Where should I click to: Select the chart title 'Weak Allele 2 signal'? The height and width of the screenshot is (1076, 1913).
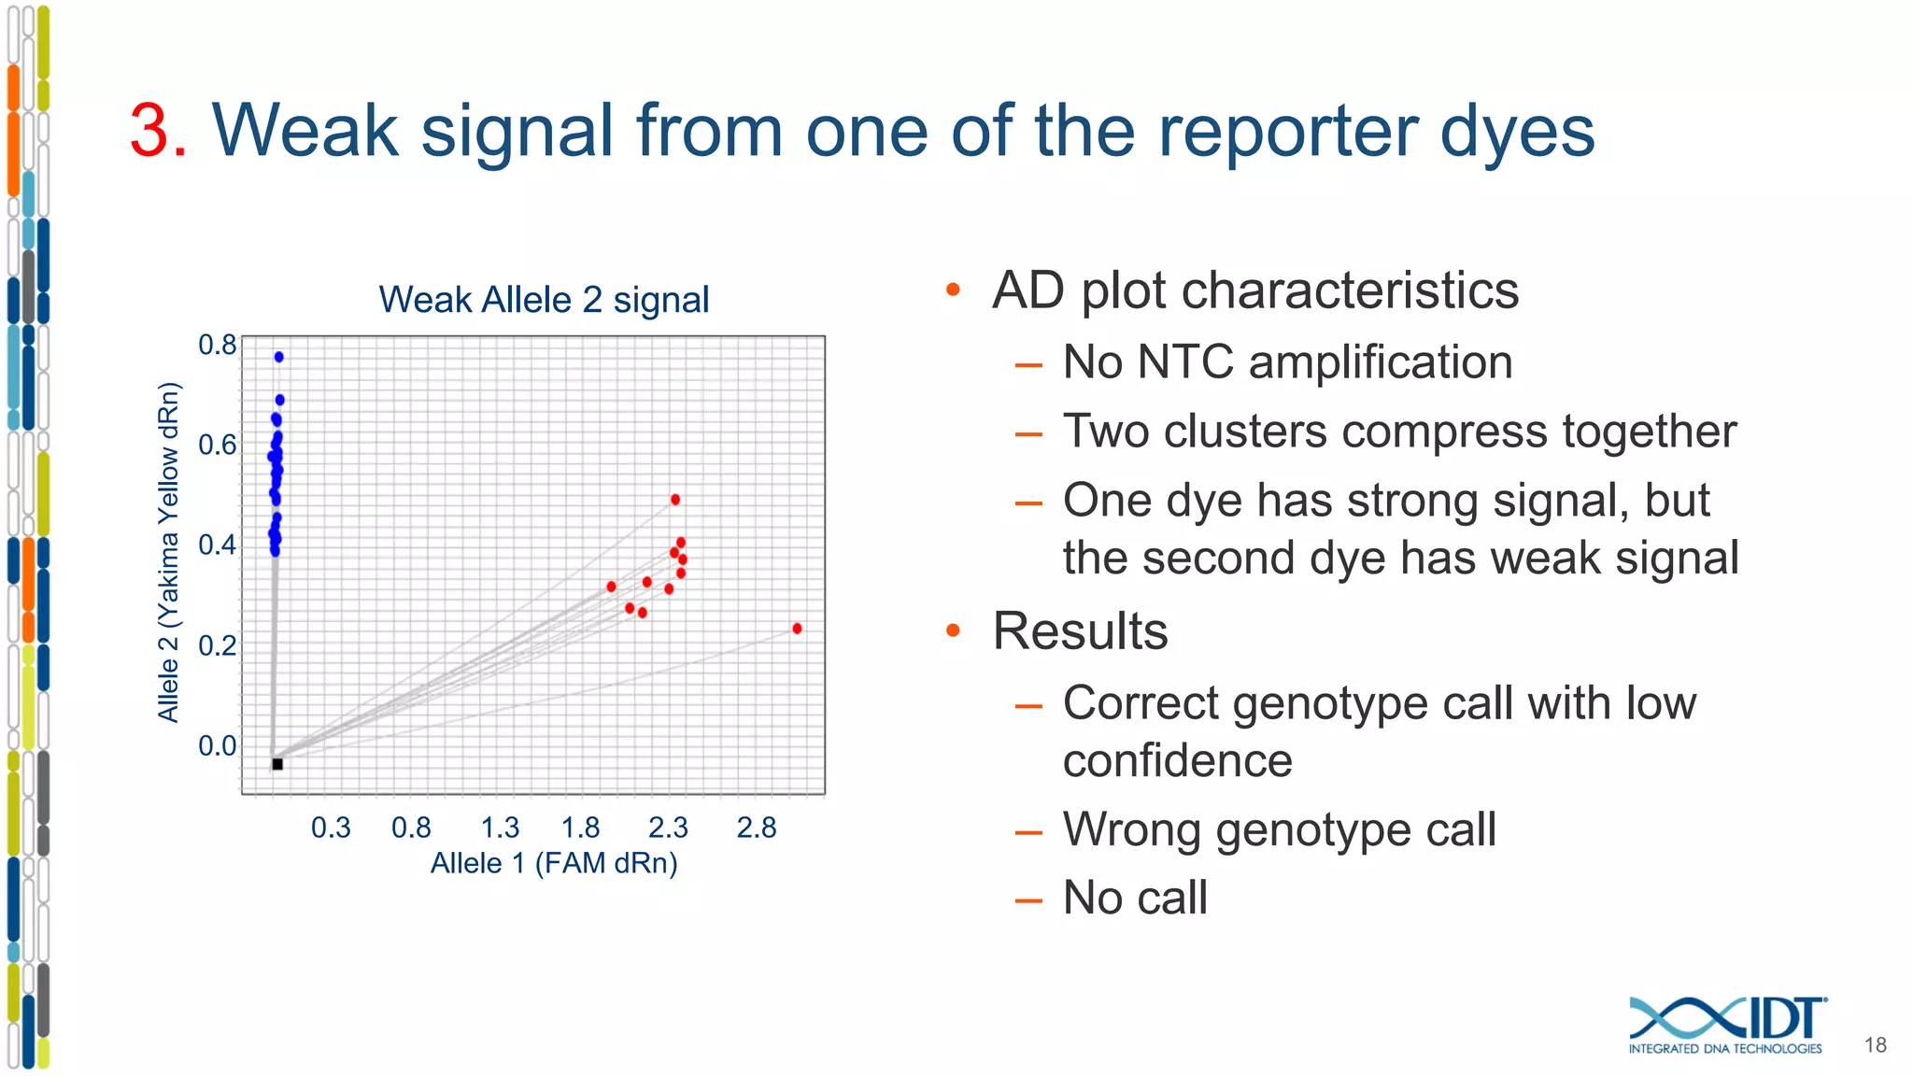(544, 300)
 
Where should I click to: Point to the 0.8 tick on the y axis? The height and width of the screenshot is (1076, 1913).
(218, 345)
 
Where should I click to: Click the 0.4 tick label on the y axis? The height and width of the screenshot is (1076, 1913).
(218, 545)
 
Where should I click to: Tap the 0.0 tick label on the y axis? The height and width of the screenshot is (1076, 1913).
(218, 745)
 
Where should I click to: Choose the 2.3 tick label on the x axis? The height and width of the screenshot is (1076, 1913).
(668, 828)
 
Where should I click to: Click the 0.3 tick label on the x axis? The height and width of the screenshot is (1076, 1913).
(331, 828)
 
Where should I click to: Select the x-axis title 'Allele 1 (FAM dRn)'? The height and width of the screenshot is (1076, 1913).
(554, 863)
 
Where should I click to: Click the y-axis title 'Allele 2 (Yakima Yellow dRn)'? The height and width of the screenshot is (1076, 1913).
(168, 552)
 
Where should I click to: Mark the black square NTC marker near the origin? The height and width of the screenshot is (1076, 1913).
(277, 764)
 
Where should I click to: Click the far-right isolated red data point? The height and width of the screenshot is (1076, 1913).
(797, 629)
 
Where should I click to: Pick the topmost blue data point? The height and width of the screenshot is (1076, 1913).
(278, 357)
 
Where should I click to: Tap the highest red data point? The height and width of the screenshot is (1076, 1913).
(675, 500)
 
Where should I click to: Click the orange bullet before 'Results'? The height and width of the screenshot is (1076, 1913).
(953, 630)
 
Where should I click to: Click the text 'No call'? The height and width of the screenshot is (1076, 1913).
(1135, 898)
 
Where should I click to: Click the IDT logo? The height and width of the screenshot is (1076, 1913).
(1727, 1025)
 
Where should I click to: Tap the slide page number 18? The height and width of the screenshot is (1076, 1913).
(1875, 1045)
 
